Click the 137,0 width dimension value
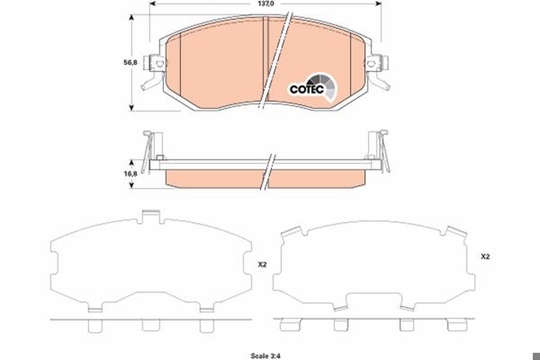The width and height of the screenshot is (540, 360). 265,4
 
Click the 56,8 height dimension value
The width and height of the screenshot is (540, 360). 130,63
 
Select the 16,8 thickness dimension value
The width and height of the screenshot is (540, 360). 130,174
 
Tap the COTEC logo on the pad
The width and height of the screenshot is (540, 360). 312,87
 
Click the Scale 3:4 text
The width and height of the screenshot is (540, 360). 265,355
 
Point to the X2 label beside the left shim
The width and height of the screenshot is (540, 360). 262,265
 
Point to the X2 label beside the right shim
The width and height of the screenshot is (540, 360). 485,256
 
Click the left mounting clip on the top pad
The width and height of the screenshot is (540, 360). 154,71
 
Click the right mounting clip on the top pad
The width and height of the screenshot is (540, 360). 378,71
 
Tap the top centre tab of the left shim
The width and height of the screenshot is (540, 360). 151,217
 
